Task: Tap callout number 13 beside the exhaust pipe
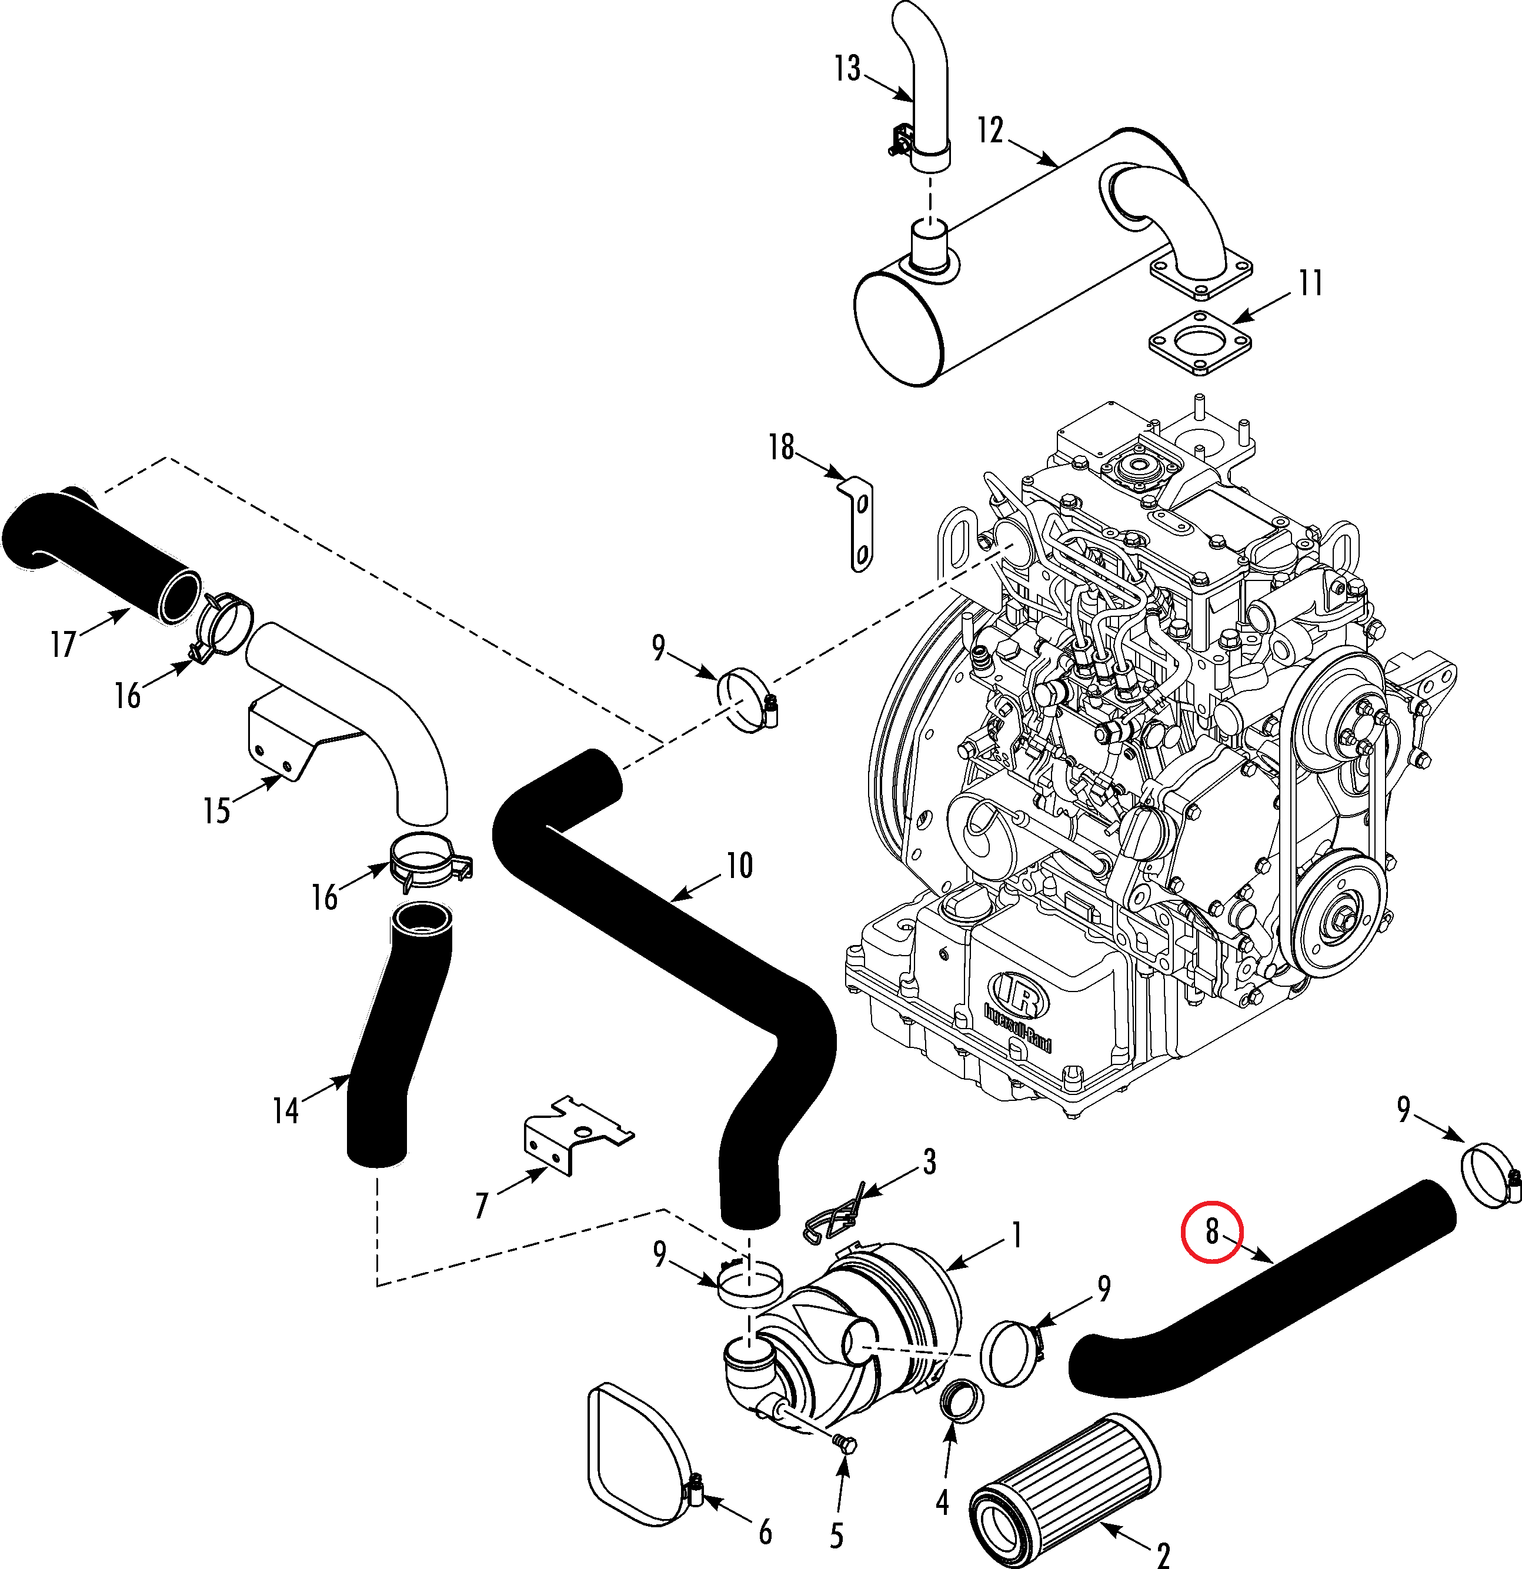coord(847,69)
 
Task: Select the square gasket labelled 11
coord(1201,343)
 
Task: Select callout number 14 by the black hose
coord(286,1111)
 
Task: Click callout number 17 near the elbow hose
coord(64,643)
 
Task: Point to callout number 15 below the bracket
coord(216,810)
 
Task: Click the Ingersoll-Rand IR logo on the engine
coord(1019,997)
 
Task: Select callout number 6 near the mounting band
coord(765,1532)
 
